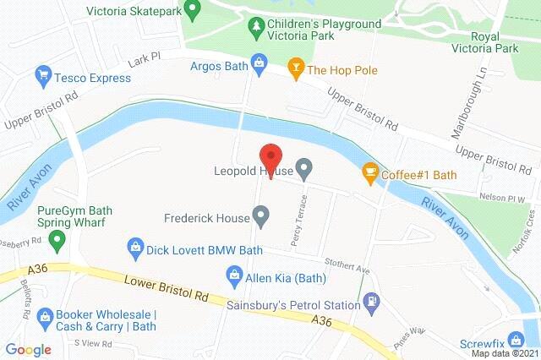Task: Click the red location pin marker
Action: (x=270, y=158)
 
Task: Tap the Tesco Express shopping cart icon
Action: (x=42, y=78)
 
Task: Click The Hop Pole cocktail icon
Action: (x=296, y=68)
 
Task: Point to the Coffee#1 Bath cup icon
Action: (x=369, y=174)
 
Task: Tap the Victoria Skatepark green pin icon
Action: (x=193, y=11)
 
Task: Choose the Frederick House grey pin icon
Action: (x=261, y=219)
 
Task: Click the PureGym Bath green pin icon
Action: (x=57, y=243)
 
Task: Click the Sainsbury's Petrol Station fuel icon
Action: (x=370, y=300)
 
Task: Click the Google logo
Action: (x=28, y=348)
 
